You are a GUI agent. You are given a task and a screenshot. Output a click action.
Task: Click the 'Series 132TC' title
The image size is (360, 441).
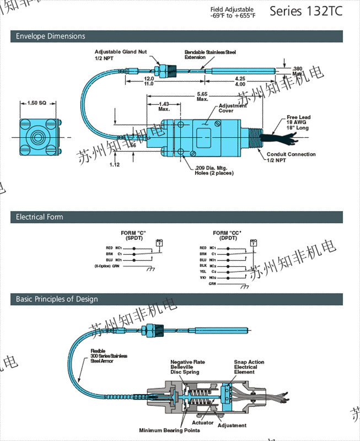(305, 12)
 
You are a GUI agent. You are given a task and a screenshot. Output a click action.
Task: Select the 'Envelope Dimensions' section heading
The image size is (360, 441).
(51, 36)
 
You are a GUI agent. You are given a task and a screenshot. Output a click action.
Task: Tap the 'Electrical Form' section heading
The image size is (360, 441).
(40, 217)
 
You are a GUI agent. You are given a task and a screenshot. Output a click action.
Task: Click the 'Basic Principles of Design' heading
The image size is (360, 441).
(57, 299)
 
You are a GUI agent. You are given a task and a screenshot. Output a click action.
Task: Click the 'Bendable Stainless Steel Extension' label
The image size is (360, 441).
(209, 55)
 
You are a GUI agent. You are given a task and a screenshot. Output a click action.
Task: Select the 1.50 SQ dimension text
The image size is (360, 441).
(37, 104)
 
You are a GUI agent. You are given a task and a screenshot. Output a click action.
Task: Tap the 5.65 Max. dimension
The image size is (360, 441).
(202, 96)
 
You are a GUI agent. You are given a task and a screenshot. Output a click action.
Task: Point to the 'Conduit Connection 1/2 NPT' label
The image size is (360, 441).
(291, 157)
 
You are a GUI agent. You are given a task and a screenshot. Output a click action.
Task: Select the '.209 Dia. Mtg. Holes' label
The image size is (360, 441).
(214, 170)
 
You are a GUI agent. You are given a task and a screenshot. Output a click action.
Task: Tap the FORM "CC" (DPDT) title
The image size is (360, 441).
(227, 235)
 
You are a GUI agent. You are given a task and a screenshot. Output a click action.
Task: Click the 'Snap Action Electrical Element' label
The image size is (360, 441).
(249, 367)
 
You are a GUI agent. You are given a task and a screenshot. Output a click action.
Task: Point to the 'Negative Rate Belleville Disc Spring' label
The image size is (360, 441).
(185, 367)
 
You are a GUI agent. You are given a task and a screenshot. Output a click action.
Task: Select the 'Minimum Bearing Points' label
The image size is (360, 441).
(169, 431)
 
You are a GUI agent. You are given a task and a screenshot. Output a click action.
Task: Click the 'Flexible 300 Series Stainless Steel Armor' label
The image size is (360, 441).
(109, 356)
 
